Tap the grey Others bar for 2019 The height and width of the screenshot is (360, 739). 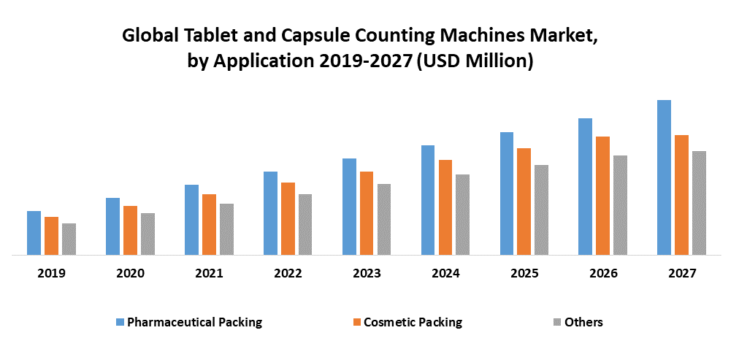[69, 240]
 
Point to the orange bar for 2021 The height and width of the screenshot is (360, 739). [209, 225]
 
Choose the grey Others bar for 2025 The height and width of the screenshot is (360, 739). [541, 210]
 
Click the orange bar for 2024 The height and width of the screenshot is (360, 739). [445, 207]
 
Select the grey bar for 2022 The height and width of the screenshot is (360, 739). [305, 225]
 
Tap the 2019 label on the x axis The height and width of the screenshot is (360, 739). [51, 274]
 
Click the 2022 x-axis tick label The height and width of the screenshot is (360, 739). [288, 274]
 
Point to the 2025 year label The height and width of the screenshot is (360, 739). [524, 274]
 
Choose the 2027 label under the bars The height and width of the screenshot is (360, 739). [682, 274]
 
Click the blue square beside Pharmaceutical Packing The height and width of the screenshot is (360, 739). [120, 322]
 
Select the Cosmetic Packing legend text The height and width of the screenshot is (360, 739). [413, 322]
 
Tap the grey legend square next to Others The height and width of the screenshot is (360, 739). [556, 322]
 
